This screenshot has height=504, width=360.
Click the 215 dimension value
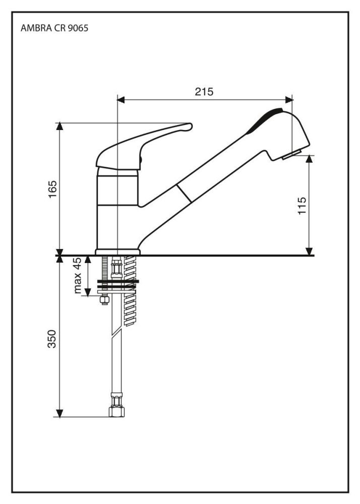(x=204, y=91)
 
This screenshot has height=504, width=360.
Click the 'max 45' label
(x=77, y=276)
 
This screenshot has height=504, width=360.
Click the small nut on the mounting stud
(x=104, y=300)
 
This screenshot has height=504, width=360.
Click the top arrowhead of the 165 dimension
(x=60, y=127)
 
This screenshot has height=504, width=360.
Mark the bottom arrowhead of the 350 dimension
(x=60, y=413)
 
